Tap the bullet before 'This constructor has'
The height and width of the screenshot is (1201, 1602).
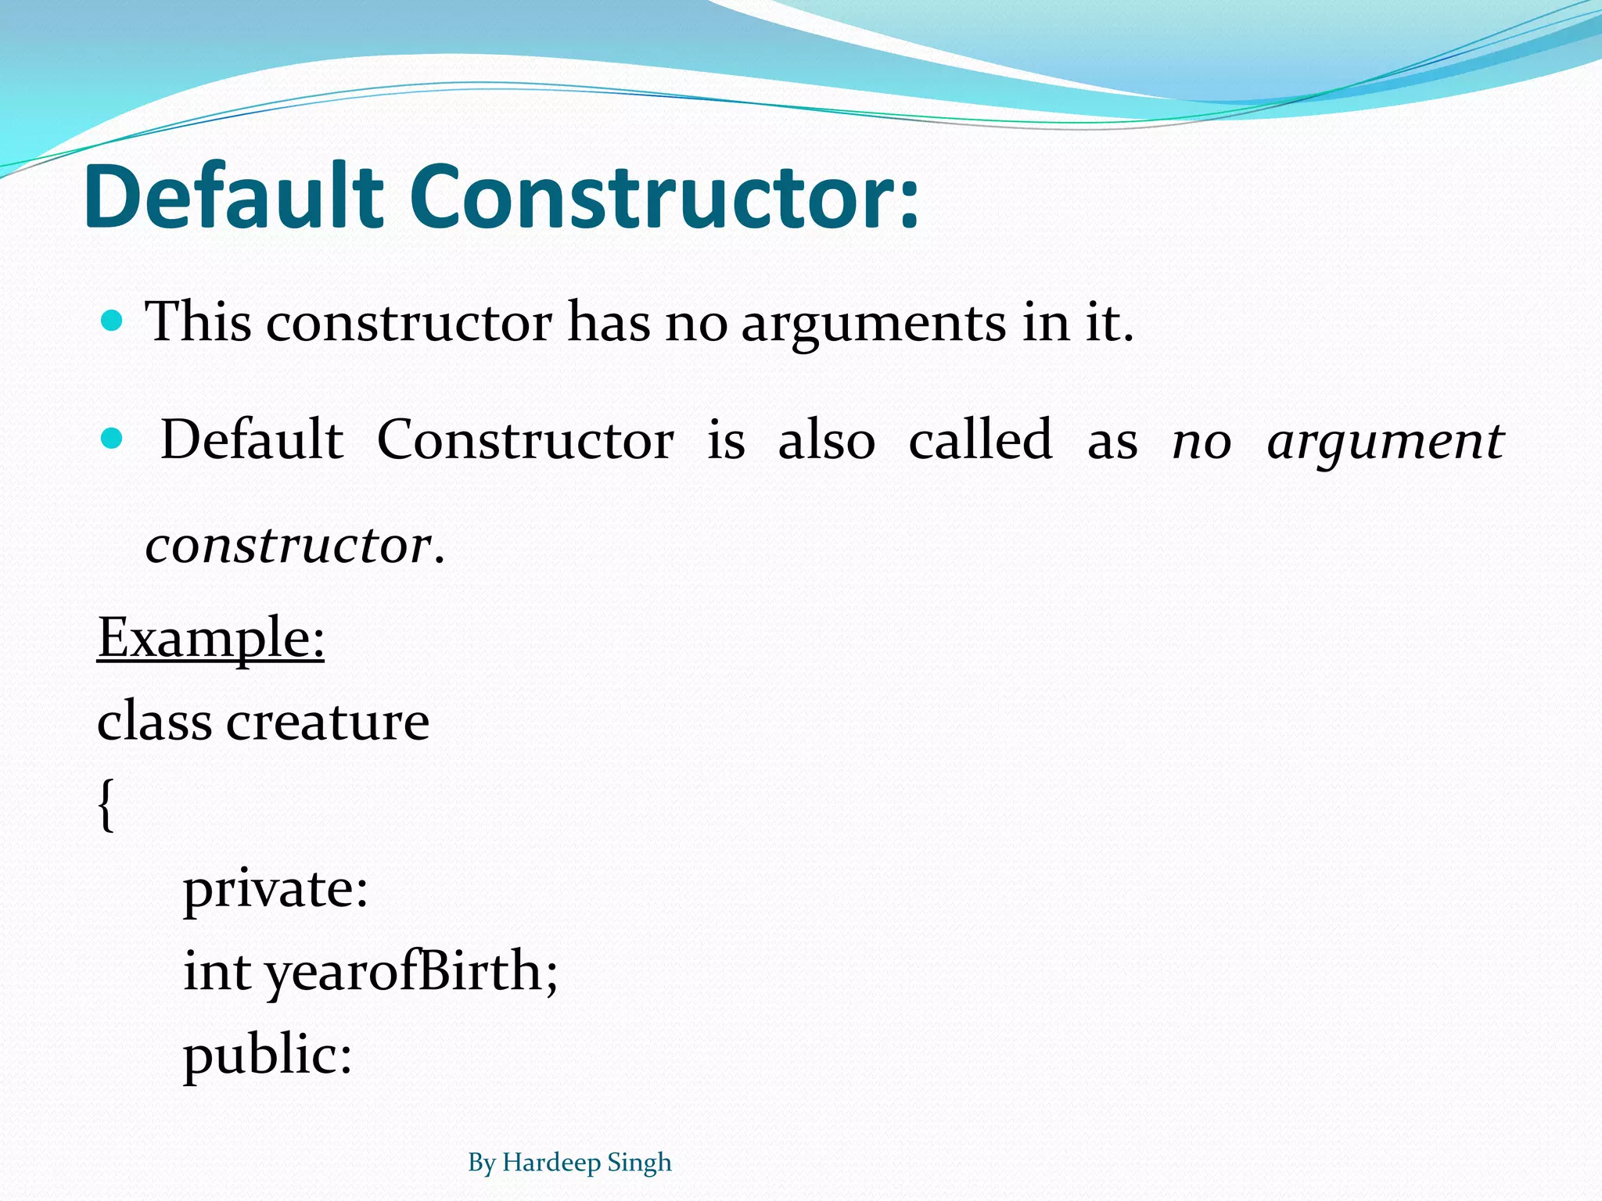coord(113,321)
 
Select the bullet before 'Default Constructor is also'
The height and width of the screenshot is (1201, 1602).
coord(113,439)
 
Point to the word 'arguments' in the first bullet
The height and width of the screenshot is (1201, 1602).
coord(873,323)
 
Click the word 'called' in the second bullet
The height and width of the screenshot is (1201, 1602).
coord(980,439)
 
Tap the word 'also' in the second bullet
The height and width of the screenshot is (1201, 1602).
coord(826,439)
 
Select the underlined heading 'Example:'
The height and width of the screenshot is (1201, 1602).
coord(210,639)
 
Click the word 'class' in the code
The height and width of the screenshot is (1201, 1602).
coord(154,721)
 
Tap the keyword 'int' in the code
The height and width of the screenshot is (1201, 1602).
coord(217,972)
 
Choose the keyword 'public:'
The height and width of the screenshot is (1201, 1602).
coord(268,1056)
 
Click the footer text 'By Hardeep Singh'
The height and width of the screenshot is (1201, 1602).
coord(569,1163)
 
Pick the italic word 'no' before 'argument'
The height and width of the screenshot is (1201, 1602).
coord(1201,443)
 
